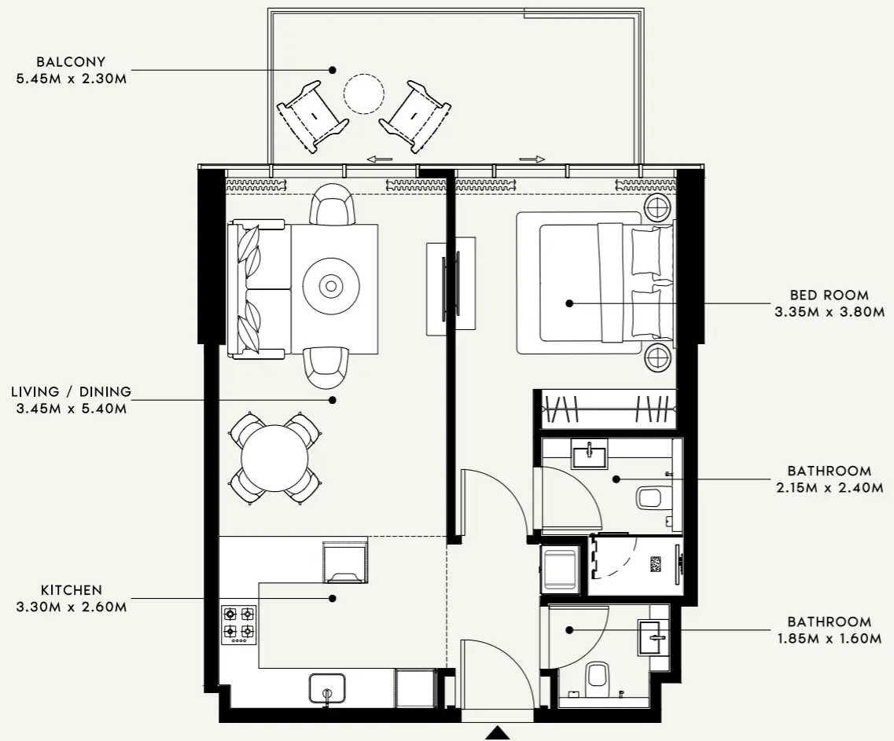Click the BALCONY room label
coord(71,61)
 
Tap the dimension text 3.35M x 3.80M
coord(830,311)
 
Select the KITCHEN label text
coord(71,589)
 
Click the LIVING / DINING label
coord(71,391)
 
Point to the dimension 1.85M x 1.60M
coord(830,638)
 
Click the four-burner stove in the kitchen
coord(238,623)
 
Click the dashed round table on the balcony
coord(364,94)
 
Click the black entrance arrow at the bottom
coord(497,733)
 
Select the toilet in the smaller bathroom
coord(597,675)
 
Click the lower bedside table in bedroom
coord(657,358)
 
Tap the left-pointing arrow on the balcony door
coord(380,160)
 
